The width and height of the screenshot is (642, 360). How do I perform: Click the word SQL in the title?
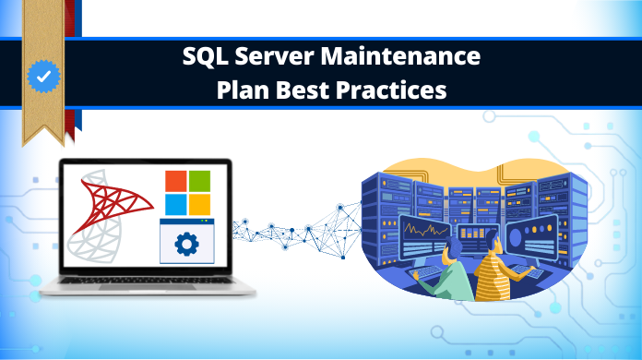click(x=204, y=57)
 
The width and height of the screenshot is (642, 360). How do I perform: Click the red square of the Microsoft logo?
click(x=174, y=180)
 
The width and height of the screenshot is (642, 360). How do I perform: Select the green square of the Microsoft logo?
click(x=198, y=180)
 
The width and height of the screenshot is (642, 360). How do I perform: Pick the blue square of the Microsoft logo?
click(x=174, y=204)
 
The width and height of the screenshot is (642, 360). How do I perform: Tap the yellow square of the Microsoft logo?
click(x=198, y=204)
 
